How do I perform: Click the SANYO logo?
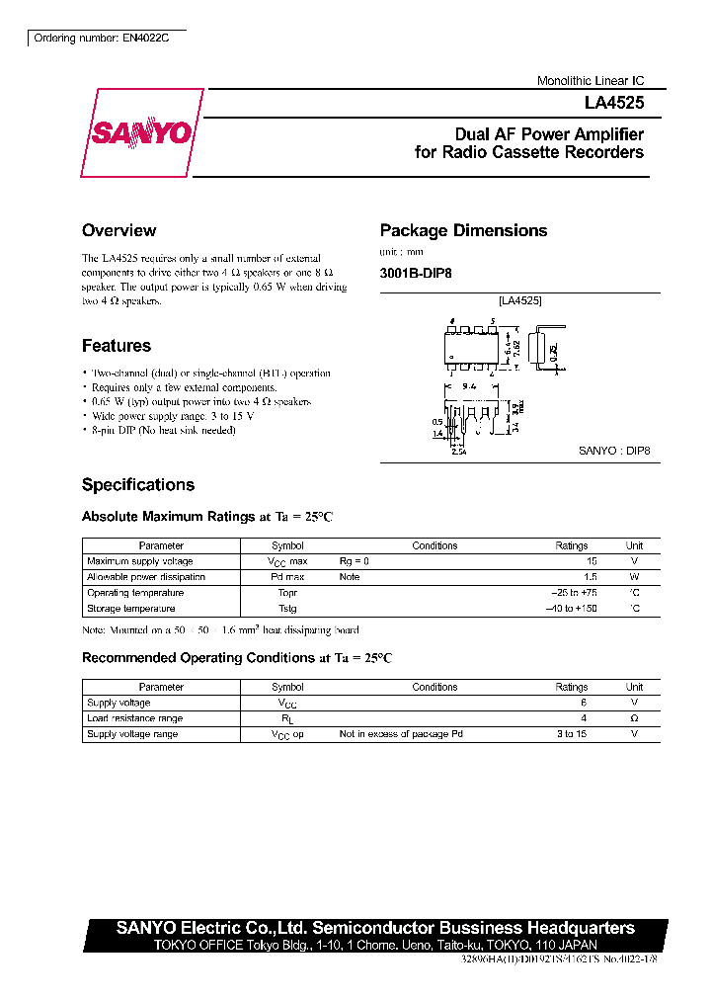click(142, 133)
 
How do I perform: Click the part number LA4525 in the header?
click(618, 102)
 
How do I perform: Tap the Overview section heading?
click(118, 230)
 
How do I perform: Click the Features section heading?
click(117, 346)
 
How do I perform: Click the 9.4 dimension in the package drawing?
click(469, 387)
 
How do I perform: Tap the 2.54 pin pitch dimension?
click(458, 453)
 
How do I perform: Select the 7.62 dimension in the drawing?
click(516, 349)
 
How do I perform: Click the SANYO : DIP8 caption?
click(613, 451)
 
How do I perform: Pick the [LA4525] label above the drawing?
click(519, 300)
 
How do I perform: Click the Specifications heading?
click(138, 485)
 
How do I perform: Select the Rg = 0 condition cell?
click(354, 561)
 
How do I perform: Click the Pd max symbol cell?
click(287, 577)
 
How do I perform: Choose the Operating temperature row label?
click(135, 593)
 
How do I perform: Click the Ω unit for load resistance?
click(634, 718)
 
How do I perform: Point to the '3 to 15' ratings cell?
click(571, 734)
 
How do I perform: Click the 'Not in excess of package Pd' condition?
click(400, 734)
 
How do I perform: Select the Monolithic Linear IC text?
click(590, 81)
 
